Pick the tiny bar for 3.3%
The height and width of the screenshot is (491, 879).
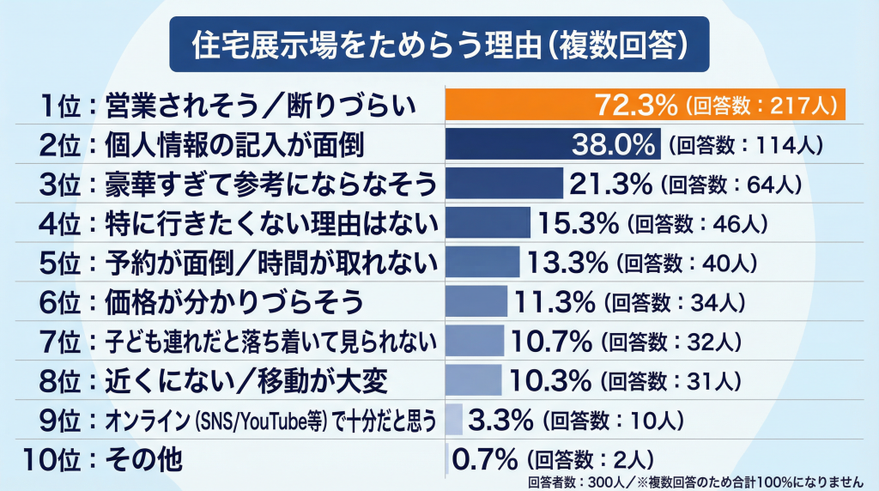coord(455,421)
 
